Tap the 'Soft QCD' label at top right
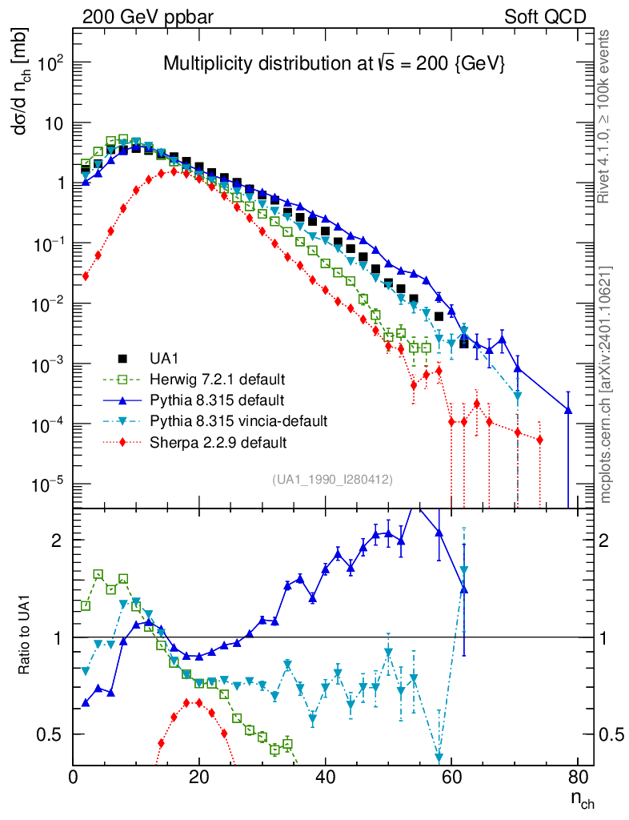click(545, 17)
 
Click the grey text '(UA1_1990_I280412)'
click(331, 480)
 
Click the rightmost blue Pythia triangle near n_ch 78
click(568, 410)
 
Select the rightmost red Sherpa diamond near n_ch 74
click(539, 440)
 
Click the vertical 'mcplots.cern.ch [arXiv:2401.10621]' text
click(607, 384)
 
